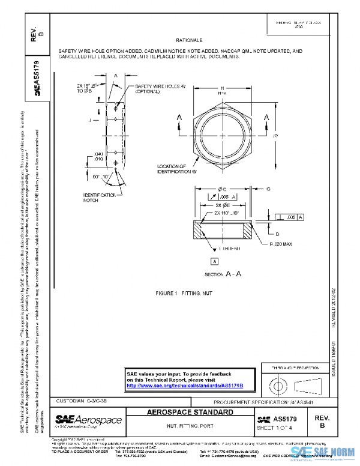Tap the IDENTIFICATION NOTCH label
(100, 198)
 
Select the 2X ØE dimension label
(223, 205)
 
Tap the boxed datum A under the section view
(214, 261)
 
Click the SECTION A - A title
(223, 273)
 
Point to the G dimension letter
(268, 189)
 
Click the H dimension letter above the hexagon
(222, 87)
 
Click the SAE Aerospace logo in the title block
(88, 420)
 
